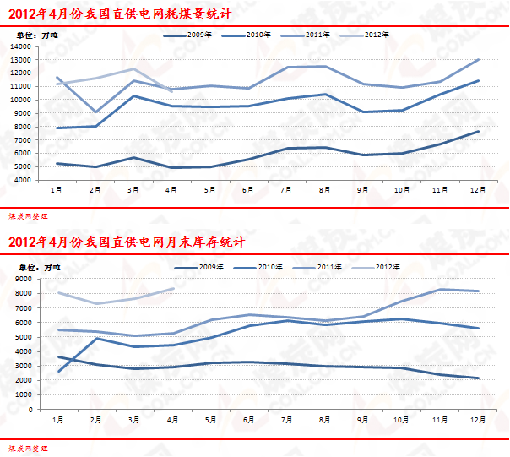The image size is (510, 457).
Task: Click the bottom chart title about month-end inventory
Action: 126,242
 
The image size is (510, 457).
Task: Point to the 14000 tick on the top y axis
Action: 21,46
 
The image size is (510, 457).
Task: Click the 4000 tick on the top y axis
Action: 23,180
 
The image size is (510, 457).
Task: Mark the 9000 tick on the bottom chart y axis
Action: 23,279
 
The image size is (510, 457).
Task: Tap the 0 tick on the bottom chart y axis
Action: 29,410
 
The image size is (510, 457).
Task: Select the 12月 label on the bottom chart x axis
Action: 478,420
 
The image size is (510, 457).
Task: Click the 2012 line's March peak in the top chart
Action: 133,69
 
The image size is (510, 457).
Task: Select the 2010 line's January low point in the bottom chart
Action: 57,372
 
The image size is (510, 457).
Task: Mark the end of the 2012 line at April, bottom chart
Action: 173,288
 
